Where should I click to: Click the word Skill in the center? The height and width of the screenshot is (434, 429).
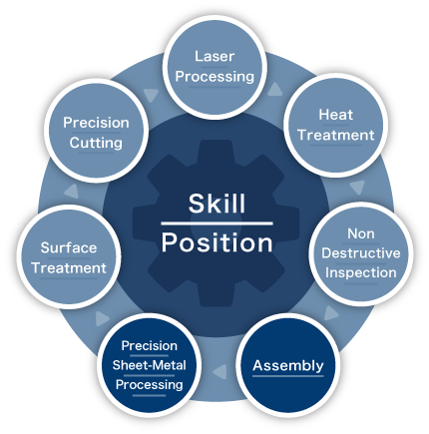216,204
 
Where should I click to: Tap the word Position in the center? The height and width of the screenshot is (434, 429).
217,242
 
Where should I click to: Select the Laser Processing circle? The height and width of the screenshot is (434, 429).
214,68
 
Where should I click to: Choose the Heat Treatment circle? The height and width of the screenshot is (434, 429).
335,125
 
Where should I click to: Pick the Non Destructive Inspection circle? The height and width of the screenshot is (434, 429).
361,253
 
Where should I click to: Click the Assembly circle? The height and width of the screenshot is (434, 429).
288,365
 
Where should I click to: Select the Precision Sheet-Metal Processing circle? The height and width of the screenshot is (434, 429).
149,365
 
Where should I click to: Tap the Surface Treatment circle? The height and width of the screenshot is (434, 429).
69,257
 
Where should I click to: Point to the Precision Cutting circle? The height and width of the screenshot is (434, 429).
96,131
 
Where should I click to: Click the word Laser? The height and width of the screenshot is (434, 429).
214,57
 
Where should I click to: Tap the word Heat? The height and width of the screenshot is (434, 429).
335,115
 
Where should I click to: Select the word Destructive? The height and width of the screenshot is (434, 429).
361,253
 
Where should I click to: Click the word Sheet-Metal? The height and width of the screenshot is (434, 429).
149,365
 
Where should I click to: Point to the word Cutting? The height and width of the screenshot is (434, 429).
96,144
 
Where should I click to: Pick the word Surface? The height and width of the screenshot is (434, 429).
69,247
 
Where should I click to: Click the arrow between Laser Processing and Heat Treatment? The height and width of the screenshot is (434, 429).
275,90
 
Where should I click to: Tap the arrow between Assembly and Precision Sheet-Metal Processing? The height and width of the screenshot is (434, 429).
219,371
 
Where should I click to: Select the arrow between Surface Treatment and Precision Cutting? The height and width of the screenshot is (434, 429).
72,192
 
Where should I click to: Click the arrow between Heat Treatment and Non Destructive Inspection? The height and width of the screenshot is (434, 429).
357,188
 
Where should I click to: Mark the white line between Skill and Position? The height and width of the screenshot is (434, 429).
216,223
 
